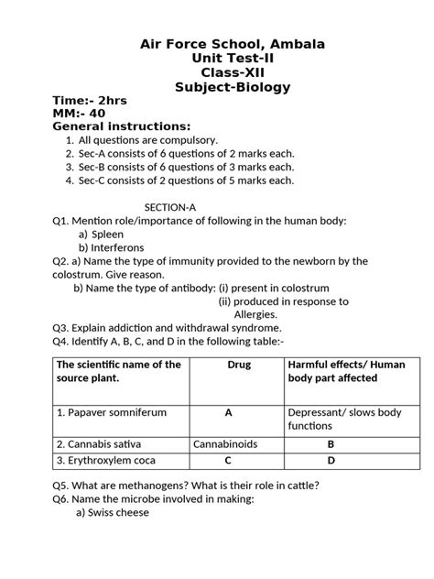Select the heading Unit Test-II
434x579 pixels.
[x=232, y=58]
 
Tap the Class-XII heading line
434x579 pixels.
[x=232, y=72]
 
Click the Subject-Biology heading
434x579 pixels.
[x=232, y=88]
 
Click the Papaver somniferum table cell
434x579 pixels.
[x=112, y=412]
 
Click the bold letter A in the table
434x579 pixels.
[x=228, y=412]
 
